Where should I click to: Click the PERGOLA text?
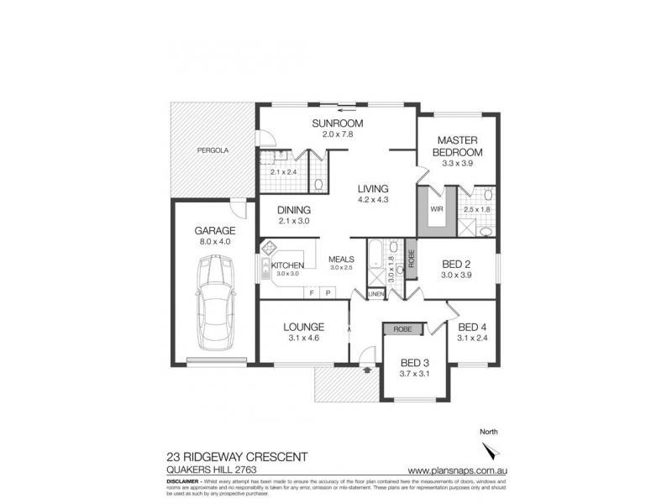click(213, 150)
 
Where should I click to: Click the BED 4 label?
click(473, 327)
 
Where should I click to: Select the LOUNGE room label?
click(303, 327)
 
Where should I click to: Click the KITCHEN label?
click(287, 265)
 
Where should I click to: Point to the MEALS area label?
click(342, 260)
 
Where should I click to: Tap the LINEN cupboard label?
click(375, 293)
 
